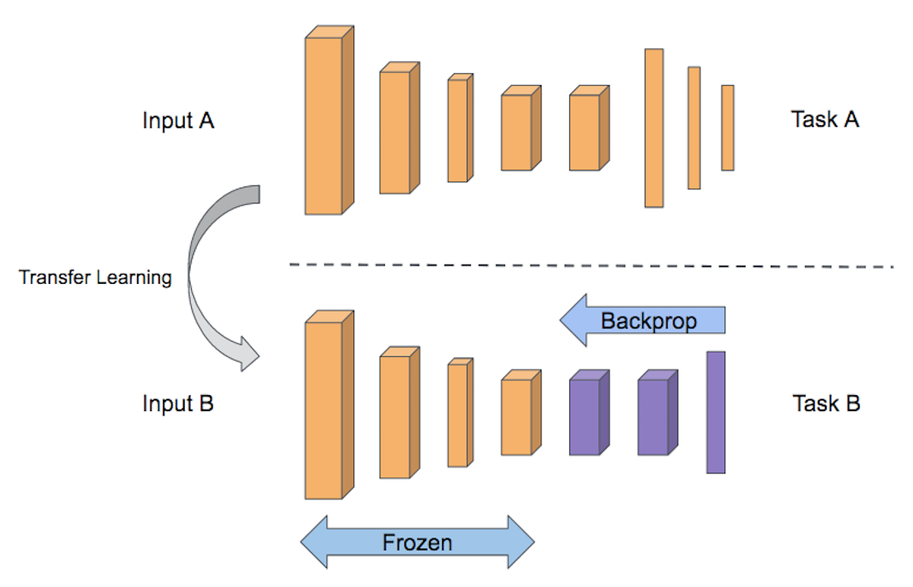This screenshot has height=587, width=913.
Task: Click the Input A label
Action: (178, 120)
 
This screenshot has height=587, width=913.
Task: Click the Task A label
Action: (825, 120)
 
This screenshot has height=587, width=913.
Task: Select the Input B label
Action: (178, 403)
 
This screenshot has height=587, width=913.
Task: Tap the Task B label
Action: (826, 403)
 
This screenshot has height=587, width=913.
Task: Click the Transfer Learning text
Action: (95, 277)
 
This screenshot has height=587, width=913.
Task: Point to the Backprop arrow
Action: (643, 321)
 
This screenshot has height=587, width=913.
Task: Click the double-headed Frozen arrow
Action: (417, 542)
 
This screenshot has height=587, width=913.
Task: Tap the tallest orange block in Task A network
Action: (324, 125)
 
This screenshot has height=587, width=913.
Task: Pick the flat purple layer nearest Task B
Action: (715, 412)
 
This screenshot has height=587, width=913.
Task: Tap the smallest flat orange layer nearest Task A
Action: (727, 127)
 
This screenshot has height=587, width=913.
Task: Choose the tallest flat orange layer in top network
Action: (654, 127)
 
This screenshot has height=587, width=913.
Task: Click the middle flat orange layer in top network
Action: (694, 127)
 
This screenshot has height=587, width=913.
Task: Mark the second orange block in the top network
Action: (395, 132)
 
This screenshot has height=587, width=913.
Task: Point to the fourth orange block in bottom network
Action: (517, 416)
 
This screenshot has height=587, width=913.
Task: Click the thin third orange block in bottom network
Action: (457, 415)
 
